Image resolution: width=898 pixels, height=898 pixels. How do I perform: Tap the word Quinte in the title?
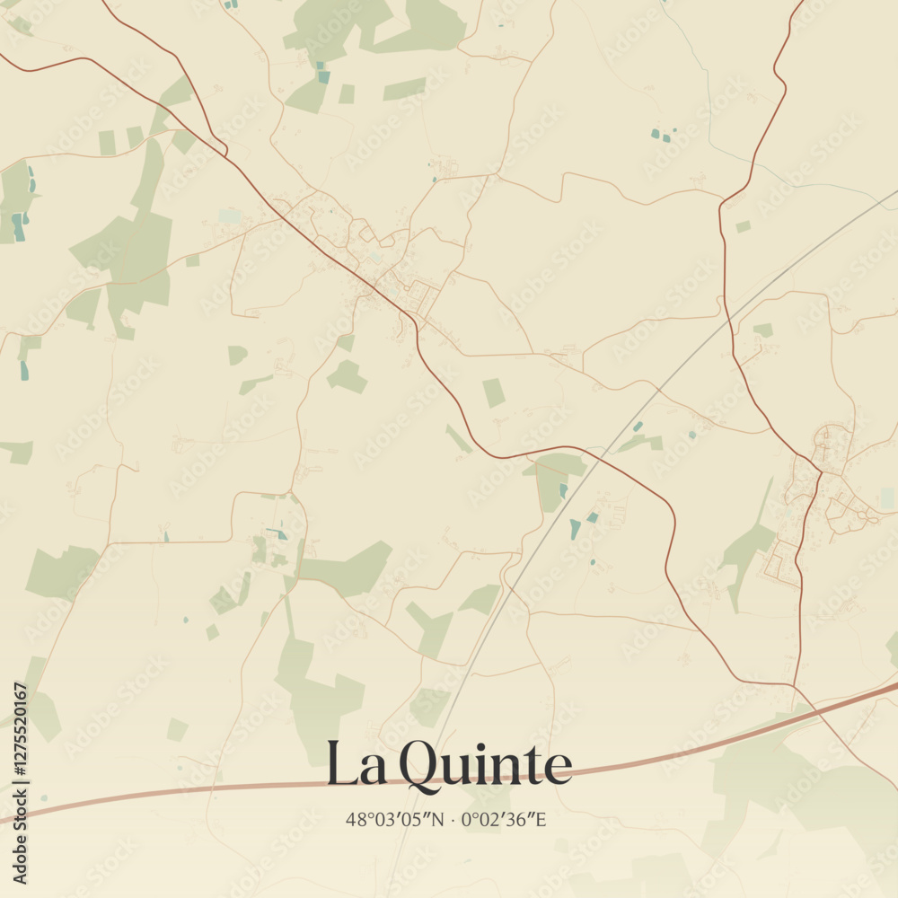485,766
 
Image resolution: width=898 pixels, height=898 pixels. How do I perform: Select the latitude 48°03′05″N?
396,819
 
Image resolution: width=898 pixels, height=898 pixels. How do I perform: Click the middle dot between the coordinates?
454,819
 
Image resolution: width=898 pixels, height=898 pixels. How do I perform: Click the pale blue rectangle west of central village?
230,216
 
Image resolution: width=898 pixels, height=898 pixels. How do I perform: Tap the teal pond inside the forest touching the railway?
563,489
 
